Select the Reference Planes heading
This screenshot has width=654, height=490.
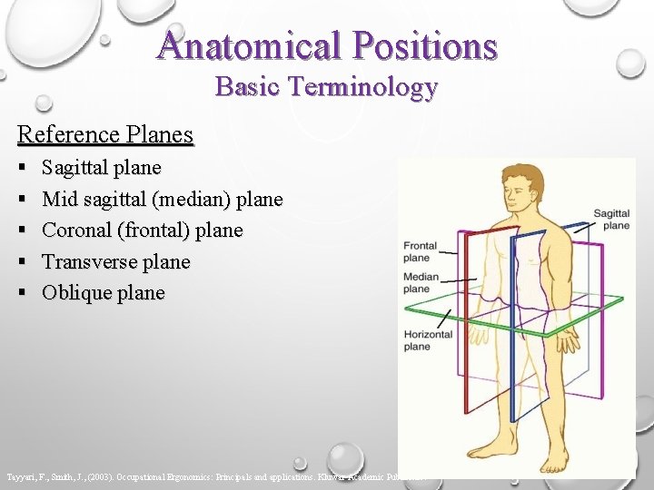coord(105,135)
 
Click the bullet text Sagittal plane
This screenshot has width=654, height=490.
coord(102,168)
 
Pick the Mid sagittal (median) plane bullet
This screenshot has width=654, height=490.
coord(163,199)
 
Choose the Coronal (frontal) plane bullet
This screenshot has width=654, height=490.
coord(143,230)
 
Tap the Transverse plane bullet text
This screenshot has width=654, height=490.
coord(116,262)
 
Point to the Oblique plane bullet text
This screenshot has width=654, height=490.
coord(104,293)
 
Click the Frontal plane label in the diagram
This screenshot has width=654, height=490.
coord(420,251)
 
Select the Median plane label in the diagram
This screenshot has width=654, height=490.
coord(420,282)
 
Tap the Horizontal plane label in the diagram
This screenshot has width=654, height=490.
coord(428,340)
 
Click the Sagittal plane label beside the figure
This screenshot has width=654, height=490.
coord(611,219)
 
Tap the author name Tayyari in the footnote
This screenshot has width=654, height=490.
coord(20,475)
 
